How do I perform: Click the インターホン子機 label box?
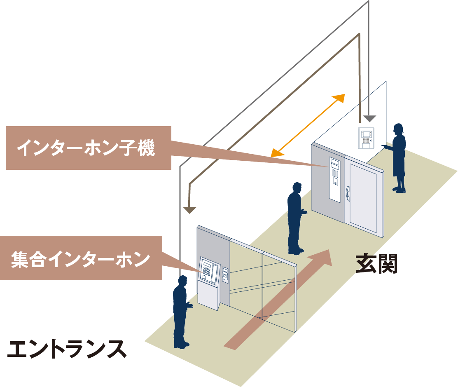[x=85, y=148]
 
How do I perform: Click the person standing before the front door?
[x=295, y=218]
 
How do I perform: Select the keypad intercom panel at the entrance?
[x=209, y=271]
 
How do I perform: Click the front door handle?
[x=348, y=193]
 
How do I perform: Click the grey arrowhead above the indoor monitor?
[x=369, y=119]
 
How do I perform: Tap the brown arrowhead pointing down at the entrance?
[x=189, y=210]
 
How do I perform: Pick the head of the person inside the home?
[x=398, y=129]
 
